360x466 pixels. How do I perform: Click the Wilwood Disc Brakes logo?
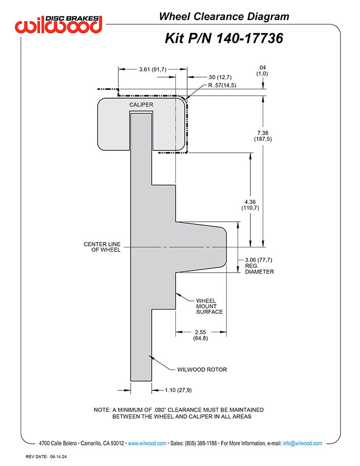[59, 24]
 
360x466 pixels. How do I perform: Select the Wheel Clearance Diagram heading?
[224, 16]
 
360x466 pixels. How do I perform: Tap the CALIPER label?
[141, 105]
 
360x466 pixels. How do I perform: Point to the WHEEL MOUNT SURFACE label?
[209, 306]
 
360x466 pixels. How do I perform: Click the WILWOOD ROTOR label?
[202, 370]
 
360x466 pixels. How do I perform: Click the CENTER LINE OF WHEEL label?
[102, 247]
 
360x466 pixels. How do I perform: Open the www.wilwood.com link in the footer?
[147, 443]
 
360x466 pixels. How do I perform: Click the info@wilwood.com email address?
[302, 443]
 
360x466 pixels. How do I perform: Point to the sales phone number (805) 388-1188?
[201, 443]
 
